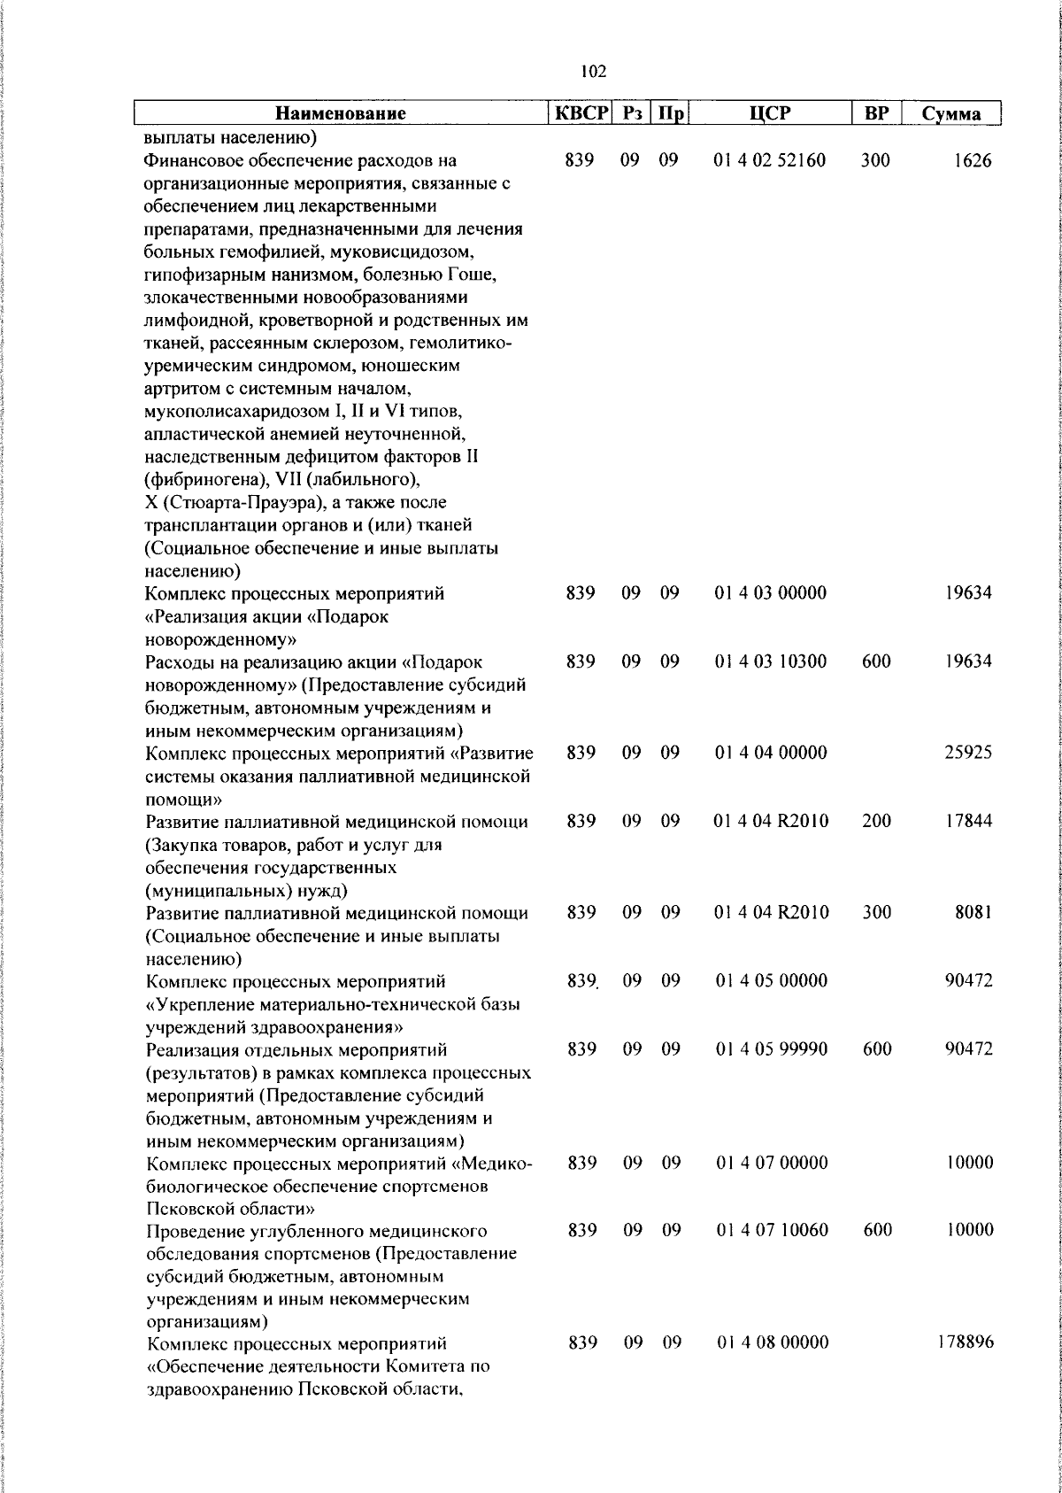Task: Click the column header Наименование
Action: [x=341, y=113]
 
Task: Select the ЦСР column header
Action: [x=769, y=113]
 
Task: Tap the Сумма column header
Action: [x=951, y=113]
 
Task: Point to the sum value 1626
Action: [x=973, y=161]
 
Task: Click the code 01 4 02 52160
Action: [x=770, y=161]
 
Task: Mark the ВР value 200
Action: [x=876, y=821]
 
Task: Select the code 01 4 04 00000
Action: [x=770, y=752]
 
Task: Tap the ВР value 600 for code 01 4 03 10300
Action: [x=876, y=661]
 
